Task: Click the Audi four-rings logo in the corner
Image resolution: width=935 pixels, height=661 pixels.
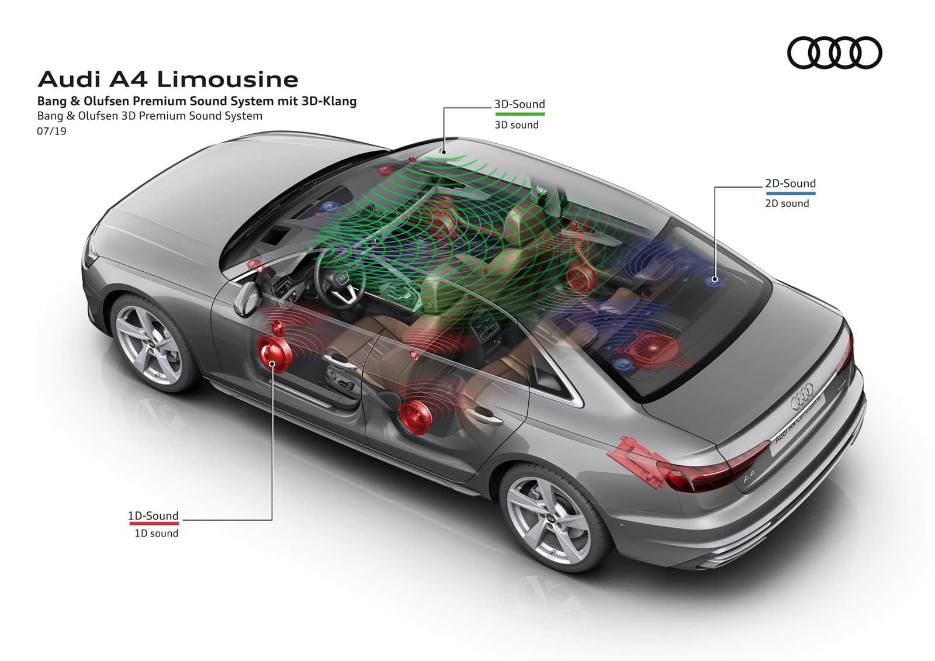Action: tap(834, 53)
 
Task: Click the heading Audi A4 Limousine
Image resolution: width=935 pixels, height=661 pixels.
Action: tap(168, 79)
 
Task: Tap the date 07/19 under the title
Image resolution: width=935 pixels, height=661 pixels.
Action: tap(51, 131)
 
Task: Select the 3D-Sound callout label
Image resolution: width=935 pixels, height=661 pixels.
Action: tap(520, 104)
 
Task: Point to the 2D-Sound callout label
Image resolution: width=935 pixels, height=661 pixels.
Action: tap(790, 184)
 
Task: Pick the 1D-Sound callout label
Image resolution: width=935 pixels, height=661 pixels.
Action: tap(153, 515)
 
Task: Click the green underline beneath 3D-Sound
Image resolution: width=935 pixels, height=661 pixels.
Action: tap(520, 114)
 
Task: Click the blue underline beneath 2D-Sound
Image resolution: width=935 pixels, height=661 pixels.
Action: tap(791, 193)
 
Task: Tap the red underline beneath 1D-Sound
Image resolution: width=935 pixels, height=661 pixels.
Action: tap(154, 523)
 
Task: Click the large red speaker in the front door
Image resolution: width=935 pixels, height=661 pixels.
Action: tap(274, 355)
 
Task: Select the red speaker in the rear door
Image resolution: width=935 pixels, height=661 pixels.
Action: tap(414, 417)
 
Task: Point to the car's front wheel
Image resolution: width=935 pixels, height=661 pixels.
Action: tap(150, 344)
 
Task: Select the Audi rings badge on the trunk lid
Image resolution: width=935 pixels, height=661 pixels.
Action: tap(802, 396)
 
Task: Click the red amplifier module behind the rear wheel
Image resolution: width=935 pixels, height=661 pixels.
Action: tap(636, 461)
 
